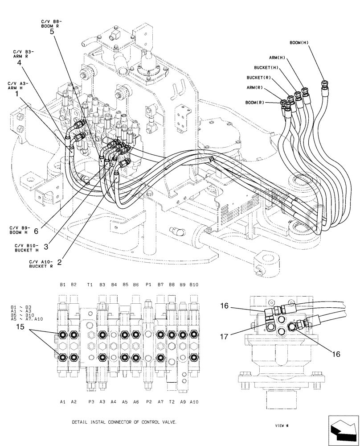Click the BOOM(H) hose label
coord(299,42)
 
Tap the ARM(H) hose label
coord(277,58)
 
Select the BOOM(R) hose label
coord(255,103)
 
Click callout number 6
coord(37,231)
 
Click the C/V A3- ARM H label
coord(18,86)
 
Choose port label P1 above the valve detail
coord(148,284)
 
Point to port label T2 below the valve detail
coord(172,401)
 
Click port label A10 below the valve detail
coord(194,401)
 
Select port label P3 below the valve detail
coord(91,401)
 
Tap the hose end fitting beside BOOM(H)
coord(324,85)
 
